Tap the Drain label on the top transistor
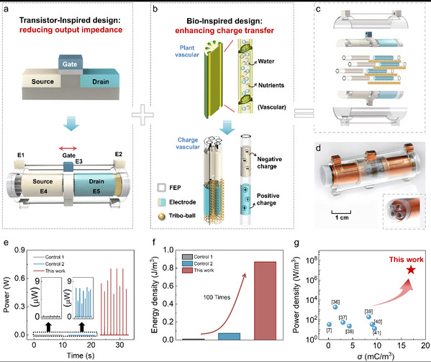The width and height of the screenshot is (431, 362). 101,81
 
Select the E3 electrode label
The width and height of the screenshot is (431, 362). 79,161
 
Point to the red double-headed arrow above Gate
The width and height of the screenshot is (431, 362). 68,149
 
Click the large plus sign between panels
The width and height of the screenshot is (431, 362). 142,114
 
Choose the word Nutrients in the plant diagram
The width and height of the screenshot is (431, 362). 271,85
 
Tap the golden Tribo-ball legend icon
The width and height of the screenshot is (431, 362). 162,217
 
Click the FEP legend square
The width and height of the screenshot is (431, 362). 162,187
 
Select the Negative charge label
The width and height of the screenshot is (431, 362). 269,163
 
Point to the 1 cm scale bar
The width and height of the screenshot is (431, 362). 341,212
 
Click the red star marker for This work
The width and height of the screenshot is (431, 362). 411,270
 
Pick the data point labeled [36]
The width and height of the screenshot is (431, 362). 335,307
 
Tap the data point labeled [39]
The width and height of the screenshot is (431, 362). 368,317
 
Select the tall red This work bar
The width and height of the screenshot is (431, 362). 265,301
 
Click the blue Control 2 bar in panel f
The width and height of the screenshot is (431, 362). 230,336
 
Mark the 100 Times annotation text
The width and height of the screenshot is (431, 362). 217,297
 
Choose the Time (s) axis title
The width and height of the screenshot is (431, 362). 81,356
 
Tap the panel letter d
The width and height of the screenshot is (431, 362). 318,148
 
